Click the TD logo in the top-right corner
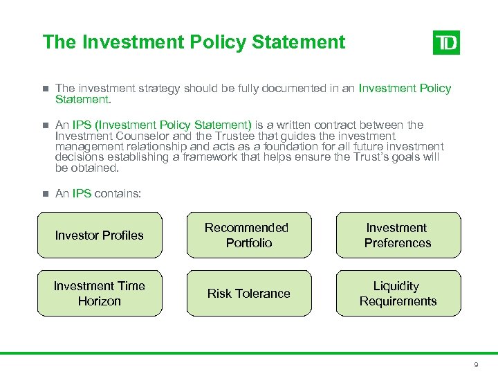click(446, 43)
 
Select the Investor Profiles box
click(100, 235)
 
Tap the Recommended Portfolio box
click(248, 235)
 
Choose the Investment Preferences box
click(398, 235)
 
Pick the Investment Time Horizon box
click(100, 294)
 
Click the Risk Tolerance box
click(248, 294)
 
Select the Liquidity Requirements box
click(398, 294)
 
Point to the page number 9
click(476, 364)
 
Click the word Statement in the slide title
click(299, 42)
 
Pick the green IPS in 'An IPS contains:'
click(82, 194)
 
